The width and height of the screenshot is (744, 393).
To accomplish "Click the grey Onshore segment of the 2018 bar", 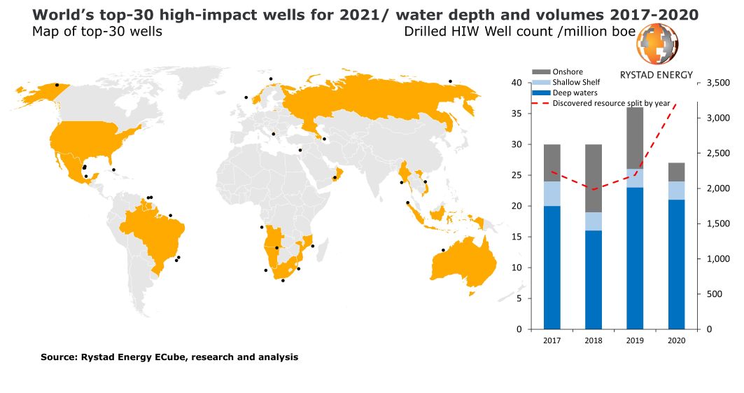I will click(594, 178).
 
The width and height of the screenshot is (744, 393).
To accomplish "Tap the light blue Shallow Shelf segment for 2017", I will click(552, 193).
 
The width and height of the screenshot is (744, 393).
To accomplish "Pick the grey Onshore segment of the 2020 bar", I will click(676, 172).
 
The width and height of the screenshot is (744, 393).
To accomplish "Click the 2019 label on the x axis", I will click(635, 340).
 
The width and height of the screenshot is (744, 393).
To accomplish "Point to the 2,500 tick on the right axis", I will click(719, 153).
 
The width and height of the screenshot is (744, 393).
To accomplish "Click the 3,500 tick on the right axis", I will click(719, 83).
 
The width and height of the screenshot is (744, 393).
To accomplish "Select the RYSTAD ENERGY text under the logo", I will click(657, 74).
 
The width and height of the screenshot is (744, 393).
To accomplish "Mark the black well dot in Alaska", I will click(57, 85).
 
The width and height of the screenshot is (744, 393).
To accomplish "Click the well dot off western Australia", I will click(442, 250).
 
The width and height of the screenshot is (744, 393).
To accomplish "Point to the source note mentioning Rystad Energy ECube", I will click(169, 357).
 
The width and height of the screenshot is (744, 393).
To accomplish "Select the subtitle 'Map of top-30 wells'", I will click(97, 32).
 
